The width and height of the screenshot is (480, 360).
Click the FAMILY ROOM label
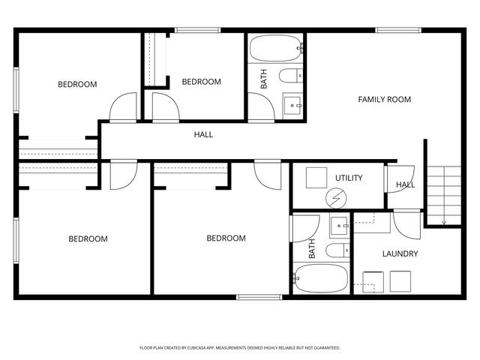(x=384, y=99)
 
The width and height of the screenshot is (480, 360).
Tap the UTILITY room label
(x=349, y=178)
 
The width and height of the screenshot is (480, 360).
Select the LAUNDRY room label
(x=400, y=254)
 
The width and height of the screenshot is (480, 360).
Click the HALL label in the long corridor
(x=203, y=135)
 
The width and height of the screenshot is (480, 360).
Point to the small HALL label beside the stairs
(x=405, y=184)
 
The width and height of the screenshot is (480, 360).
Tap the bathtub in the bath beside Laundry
(x=321, y=279)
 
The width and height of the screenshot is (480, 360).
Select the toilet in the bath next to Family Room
(x=289, y=75)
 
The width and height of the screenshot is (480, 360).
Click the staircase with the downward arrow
(x=442, y=194)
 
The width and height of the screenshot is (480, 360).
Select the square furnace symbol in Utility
(x=316, y=177)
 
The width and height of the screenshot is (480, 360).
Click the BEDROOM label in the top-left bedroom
(x=77, y=84)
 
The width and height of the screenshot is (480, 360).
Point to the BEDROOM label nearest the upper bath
(x=201, y=82)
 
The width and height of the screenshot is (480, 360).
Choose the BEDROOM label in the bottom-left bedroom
(x=88, y=239)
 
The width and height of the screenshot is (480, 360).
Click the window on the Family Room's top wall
(x=397, y=30)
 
